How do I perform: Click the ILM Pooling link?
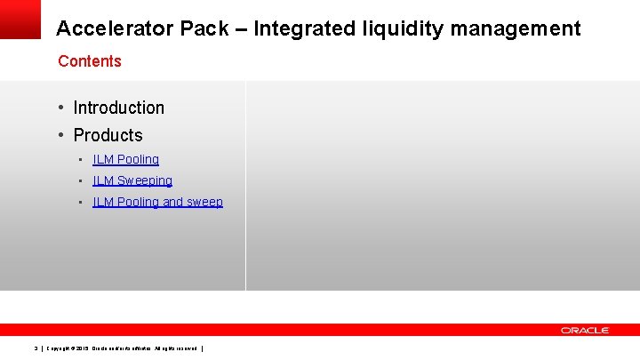[125, 159]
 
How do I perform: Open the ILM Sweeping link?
[132, 180]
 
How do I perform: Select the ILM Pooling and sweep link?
[157, 202]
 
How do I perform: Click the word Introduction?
[118, 108]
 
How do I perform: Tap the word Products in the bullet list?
[108, 135]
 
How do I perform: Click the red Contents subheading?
[89, 61]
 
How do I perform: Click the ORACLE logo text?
[585, 330]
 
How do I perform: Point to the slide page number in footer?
[35, 348]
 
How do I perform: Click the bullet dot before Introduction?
[61, 108]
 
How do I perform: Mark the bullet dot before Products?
[61, 135]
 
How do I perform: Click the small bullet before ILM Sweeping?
[80, 180]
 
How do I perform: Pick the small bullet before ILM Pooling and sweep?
[80, 202]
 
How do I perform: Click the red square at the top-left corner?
[20, 19]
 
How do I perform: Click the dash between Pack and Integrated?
[240, 28]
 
